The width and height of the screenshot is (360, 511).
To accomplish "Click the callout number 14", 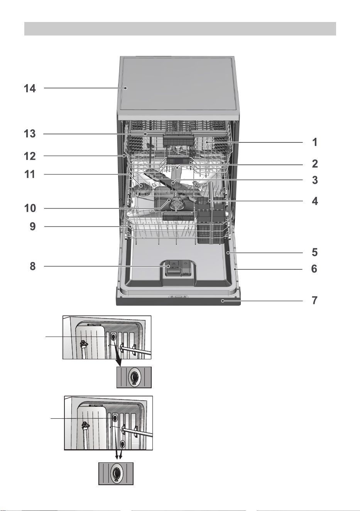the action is pyautogui.click(x=30, y=88).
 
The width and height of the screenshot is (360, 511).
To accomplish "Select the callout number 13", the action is pyautogui.click(x=30, y=134).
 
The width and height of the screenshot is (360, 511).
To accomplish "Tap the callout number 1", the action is pyautogui.click(x=315, y=142).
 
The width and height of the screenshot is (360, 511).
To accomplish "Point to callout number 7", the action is pyautogui.click(x=315, y=300).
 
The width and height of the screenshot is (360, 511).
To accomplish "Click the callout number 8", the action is pyautogui.click(x=33, y=266).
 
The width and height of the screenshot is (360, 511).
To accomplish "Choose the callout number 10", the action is pyautogui.click(x=30, y=208).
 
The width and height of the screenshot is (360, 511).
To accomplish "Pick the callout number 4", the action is pyautogui.click(x=315, y=201).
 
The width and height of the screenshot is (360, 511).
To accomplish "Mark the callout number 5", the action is pyautogui.click(x=315, y=252).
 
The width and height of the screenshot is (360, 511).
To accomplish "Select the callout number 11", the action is pyautogui.click(x=30, y=174).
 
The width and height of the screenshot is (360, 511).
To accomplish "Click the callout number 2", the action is pyautogui.click(x=315, y=164).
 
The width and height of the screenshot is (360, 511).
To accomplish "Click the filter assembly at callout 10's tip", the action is pyautogui.click(x=176, y=203).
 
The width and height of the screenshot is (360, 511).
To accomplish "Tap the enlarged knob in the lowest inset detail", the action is pyautogui.click(x=116, y=474).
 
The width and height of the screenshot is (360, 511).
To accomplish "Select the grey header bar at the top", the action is pyautogui.click(x=180, y=29).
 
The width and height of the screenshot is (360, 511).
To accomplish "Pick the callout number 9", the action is pyautogui.click(x=33, y=227).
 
